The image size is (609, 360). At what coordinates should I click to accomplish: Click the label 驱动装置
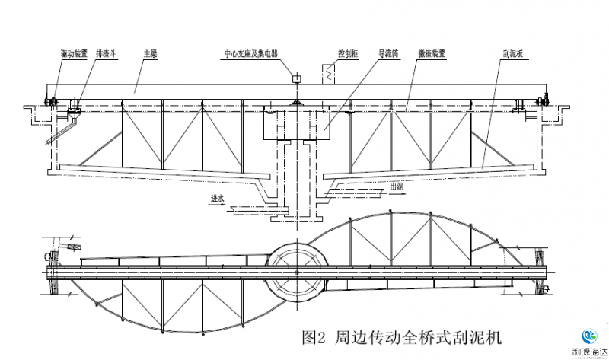(x=75, y=54)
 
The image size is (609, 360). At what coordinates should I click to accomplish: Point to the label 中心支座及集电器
(x=250, y=54)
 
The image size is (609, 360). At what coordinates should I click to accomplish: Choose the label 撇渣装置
(x=431, y=54)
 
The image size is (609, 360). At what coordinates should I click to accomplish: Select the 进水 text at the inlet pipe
(x=218, y=199)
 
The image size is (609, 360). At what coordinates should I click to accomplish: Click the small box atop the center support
(x=297, y=78)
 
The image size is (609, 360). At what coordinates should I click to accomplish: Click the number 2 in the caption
(x=320, y=334)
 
